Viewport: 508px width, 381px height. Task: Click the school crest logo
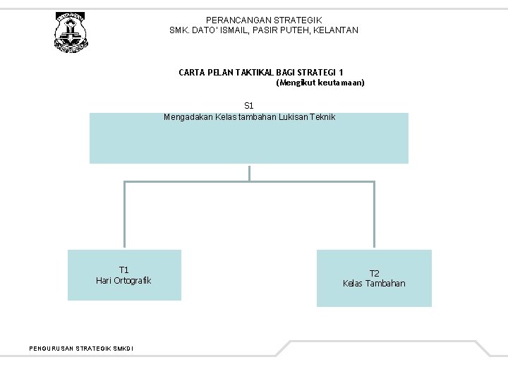pyautogui.click(x=71, y=32)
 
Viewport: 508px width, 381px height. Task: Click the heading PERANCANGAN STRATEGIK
pyautogui.click(x=264, y=20)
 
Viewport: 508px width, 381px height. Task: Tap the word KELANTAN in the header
pyautogui.click(x=338, y=30)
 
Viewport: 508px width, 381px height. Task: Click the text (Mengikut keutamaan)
pyautogui.click(x=320, y=83)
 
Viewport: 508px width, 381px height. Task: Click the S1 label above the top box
pyautogui.click(x=249, y=106)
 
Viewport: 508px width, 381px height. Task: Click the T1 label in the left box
pyautogui.click(x=123, y=270)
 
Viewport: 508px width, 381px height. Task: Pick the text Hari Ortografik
pyautogui.click(x=123, y=281)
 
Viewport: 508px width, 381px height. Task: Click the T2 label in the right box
pyautogui.click(x=374, y=273)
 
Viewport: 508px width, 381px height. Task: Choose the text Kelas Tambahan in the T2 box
pyautogui.click(x=374, y=284)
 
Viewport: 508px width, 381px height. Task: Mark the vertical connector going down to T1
pyautogui.click(x=125, y=215)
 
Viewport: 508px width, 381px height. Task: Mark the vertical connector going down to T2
pyautogui.click(x=374, y=215)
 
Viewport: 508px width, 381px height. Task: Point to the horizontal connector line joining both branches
pyautogui.click(x=249, y=182)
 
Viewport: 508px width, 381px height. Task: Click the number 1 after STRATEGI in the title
pyautogui.click(x=341, y=72)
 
